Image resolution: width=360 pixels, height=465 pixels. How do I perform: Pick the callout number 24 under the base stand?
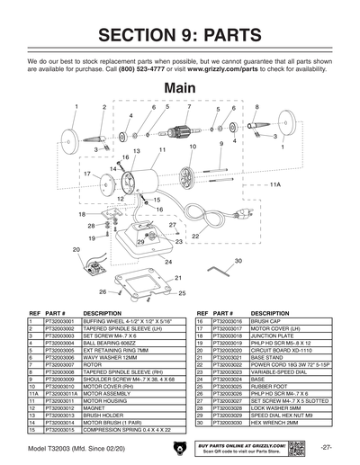[167, 261]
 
